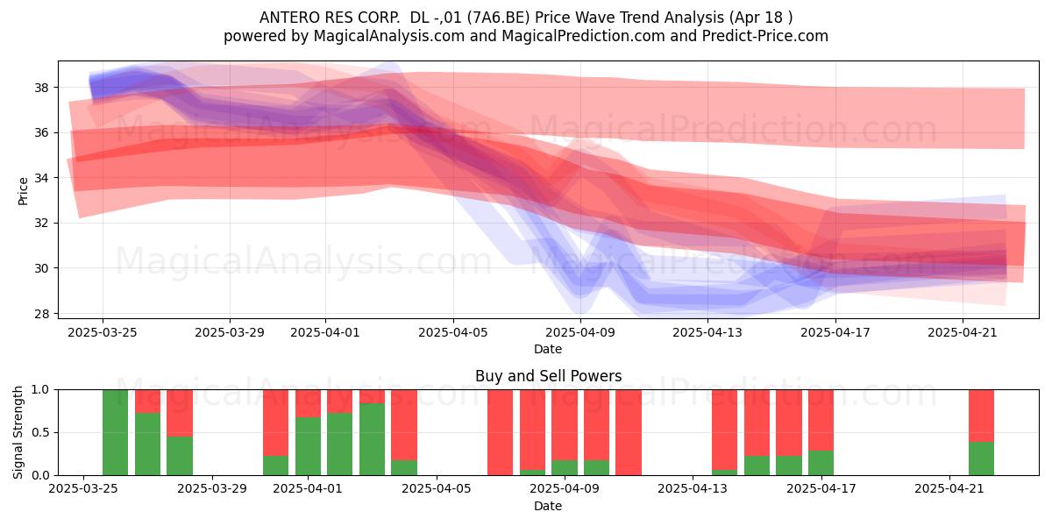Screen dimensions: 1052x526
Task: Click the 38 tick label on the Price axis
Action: [41, 88]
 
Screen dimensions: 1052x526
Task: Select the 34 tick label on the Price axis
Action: [41, 178]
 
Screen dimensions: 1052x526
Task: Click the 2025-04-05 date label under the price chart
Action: [453, 332]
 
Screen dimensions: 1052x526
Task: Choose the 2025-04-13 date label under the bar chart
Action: [693, 488]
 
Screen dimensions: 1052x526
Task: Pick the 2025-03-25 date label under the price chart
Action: [103, 332]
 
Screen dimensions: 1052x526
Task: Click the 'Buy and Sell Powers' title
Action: [548, 376]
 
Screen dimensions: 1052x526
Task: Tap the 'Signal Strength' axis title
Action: [18, 432]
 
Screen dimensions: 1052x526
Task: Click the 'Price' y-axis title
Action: [23, 191]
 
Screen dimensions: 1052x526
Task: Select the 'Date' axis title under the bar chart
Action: [548, 506]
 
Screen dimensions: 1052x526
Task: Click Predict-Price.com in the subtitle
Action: [765, 36]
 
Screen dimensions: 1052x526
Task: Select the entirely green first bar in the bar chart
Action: [115, 432]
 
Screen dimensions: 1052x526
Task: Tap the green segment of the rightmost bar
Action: [982, 458]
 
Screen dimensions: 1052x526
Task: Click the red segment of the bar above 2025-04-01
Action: [308, 403]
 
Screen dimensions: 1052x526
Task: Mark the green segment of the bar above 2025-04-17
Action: [821, 463]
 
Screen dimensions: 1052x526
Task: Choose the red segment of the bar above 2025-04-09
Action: [565, 425]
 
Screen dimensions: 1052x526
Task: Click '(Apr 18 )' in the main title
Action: [761, 18]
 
